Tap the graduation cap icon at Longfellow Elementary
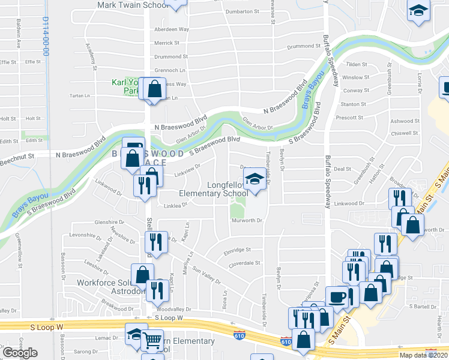click(255, 178)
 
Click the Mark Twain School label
click(133, 5)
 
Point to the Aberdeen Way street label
click(172, 29)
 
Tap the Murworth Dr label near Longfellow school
click(247, 221)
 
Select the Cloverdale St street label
click(244, 263)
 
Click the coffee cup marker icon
click(336, 296)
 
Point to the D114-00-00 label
click(45, 36)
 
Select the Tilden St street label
click(357, 64)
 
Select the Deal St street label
click(342, 169)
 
